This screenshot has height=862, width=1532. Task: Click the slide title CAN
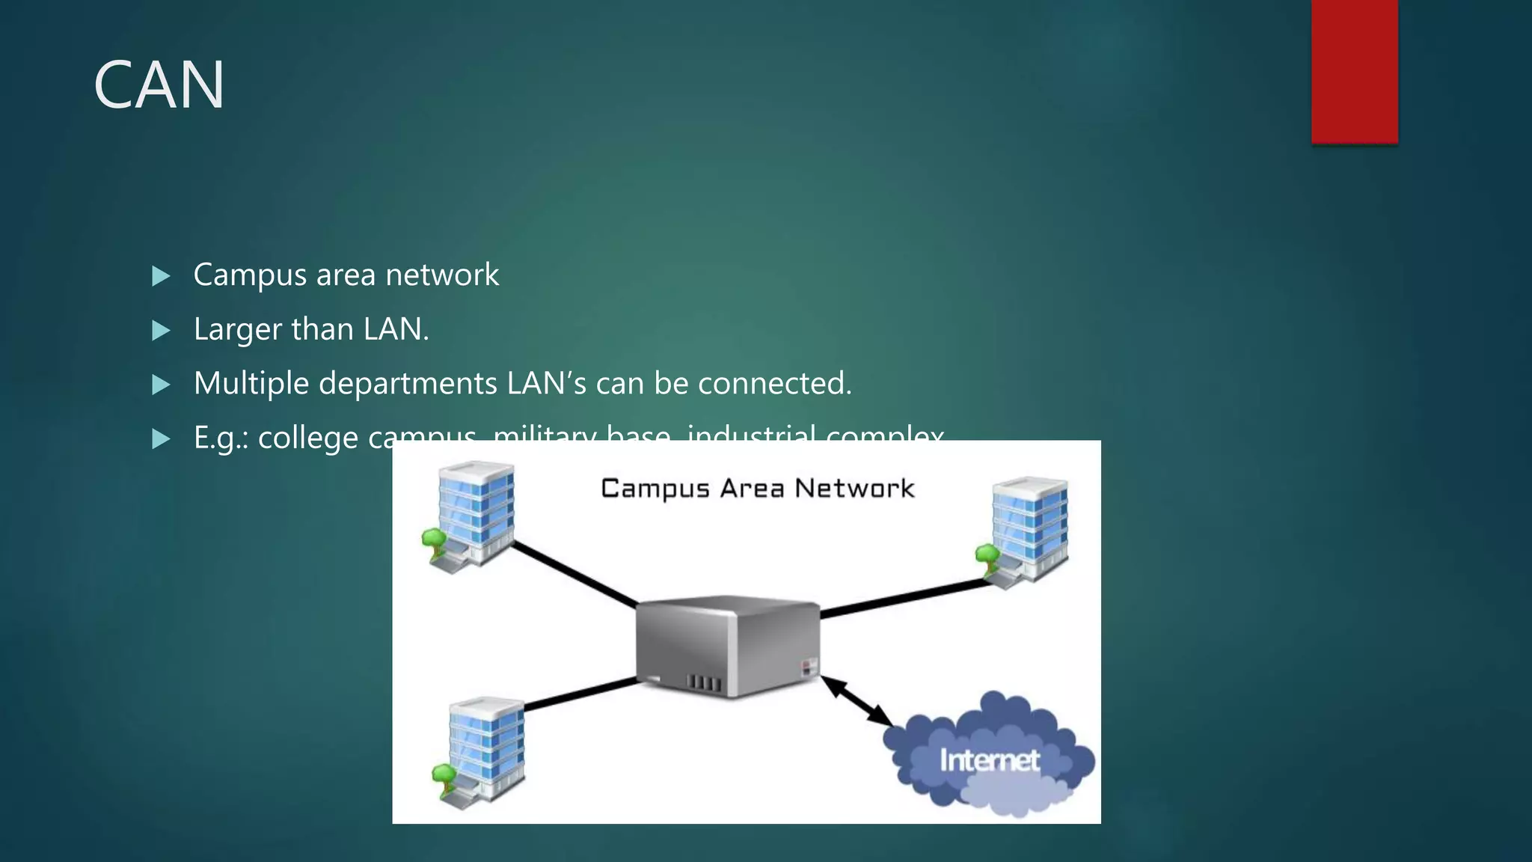click(159, 85)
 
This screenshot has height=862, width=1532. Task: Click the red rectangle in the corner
click(1354, 71)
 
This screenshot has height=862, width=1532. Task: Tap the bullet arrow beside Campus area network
click(161, 276)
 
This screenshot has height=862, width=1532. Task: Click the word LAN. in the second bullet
click(396, 329)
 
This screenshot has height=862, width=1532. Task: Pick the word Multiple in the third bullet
click(251, 384)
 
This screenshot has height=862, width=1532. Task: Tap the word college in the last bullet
click(308, 438)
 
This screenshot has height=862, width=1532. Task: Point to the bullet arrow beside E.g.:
click(161, 439)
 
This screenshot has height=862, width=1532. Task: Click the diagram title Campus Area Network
click(757, 489)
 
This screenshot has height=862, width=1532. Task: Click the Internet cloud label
click(989, 760)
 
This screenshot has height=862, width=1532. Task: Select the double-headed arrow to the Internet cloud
click(857, 700)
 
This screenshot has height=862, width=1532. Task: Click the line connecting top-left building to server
click(574, 575)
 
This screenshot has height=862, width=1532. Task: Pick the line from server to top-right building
click(905, 599)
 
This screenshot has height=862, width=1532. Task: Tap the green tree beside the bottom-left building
click(444, 775)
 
